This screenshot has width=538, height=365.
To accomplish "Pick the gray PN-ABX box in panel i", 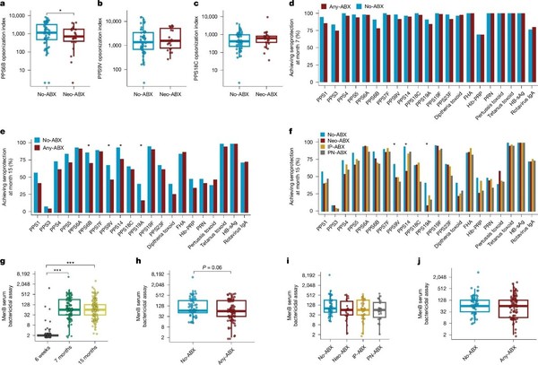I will point(380,309).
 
